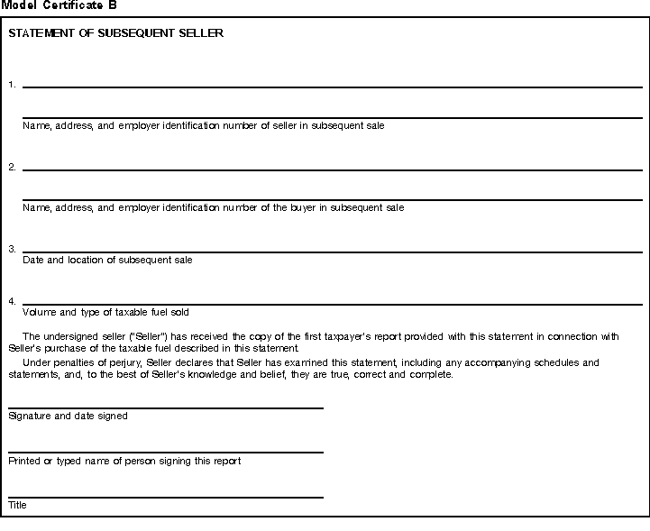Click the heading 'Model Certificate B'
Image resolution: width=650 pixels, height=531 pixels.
(59, 5)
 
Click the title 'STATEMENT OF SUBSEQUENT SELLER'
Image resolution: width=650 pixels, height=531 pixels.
(115, 34)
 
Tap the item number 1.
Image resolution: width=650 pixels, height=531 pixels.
(12, 85)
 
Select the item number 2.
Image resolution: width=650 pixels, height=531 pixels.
(12, 167)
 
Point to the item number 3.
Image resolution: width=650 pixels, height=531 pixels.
(12, 249)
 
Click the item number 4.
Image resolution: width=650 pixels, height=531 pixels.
(12, 300)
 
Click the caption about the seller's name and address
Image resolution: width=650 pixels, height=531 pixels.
(203, 125)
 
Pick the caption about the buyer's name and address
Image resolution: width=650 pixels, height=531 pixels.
(213, 207)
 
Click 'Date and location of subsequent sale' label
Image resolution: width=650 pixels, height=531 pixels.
(107, 260)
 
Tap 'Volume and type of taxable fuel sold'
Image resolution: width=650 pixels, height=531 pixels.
(105, 312)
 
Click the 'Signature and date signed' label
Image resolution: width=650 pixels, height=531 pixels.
(68, 417)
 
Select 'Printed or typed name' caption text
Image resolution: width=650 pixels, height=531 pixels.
(124, 462)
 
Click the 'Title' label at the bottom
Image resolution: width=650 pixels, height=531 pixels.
(17, 506)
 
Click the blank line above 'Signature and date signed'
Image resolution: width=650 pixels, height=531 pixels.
(165, 407)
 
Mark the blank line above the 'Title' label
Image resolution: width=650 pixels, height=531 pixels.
(165, 497)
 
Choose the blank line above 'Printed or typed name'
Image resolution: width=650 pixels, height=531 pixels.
(165, 452)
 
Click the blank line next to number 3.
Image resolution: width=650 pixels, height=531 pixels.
(332, 252)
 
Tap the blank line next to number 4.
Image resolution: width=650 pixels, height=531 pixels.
(332, 304)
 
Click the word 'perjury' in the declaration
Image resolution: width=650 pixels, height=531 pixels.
(124, 363)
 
